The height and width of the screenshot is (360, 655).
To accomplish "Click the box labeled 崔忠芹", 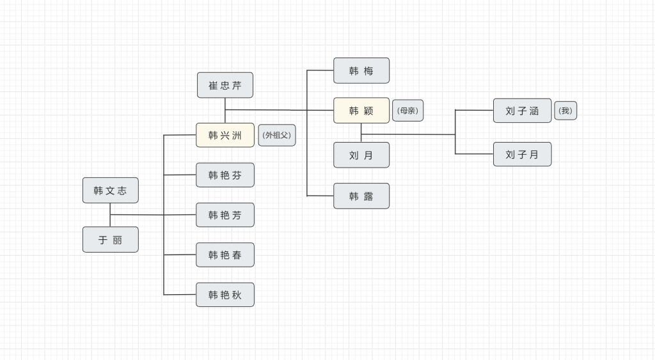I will click(x=225, y=85).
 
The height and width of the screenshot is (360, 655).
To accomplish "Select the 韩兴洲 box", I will click(x=225, y=135).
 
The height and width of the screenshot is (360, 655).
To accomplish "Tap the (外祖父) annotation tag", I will click(x=277, y=135).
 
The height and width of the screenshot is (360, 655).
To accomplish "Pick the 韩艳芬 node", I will click(x=225, y=175).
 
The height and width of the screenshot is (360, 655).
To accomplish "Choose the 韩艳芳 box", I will click(x=225, y=215).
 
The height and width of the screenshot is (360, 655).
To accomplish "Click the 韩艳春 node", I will click(x=225, y=254).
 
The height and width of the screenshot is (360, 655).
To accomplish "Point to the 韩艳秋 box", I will click(x=225, y=295).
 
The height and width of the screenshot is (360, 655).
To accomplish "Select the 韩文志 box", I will click(x=111, y=190).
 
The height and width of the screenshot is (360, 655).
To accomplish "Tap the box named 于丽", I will click(x=111, y=240).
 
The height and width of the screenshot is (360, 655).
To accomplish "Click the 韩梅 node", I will click(x=361, y=70).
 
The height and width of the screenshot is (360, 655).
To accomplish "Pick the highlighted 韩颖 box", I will click(x=361, y=111).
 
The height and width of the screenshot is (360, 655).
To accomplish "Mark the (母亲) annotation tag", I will click(x=407, y=110).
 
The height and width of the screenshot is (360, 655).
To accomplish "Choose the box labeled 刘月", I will click(x=361, y=155).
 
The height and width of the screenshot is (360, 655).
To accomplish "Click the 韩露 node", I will click(x=361, y=196).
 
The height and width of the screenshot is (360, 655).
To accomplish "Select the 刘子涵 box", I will click(x=522, y=111).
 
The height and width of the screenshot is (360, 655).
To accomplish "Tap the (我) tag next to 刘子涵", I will click(x=565, y=110).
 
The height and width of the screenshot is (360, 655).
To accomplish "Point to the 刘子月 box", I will click(x=522, y=154).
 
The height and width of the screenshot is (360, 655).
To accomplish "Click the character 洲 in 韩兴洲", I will click(x=237, y=135).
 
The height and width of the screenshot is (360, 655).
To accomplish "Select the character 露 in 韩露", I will click(x=368, y=196).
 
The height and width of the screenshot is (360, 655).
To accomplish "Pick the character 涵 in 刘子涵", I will click(x=534, y=111).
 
